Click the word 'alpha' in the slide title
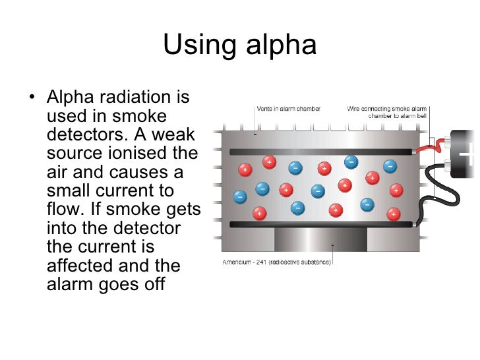280,45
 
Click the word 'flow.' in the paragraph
65,210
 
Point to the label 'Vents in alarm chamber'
289,109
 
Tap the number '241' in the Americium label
264,261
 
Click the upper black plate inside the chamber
323,152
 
